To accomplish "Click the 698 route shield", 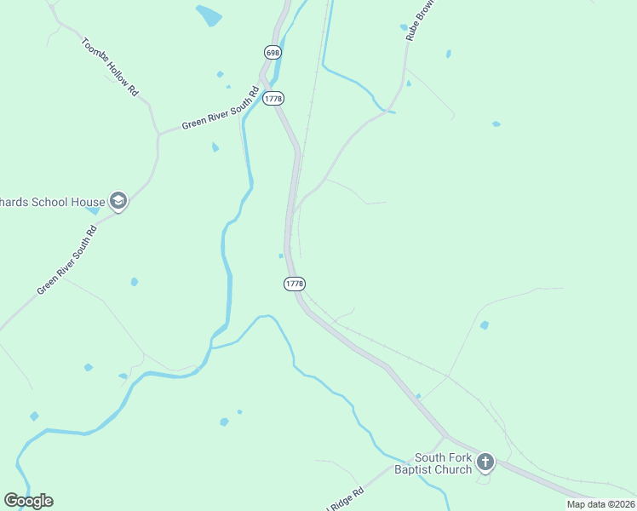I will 273,53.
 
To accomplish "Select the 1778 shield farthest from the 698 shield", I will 295,283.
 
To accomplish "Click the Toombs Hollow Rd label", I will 109,66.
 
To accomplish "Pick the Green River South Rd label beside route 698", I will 220,109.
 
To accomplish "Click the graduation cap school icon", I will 118,201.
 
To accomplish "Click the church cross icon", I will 485,462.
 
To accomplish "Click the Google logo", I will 28,501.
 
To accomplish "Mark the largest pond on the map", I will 209,15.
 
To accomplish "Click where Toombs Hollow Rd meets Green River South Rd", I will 158,134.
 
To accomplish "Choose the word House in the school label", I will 85,201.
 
